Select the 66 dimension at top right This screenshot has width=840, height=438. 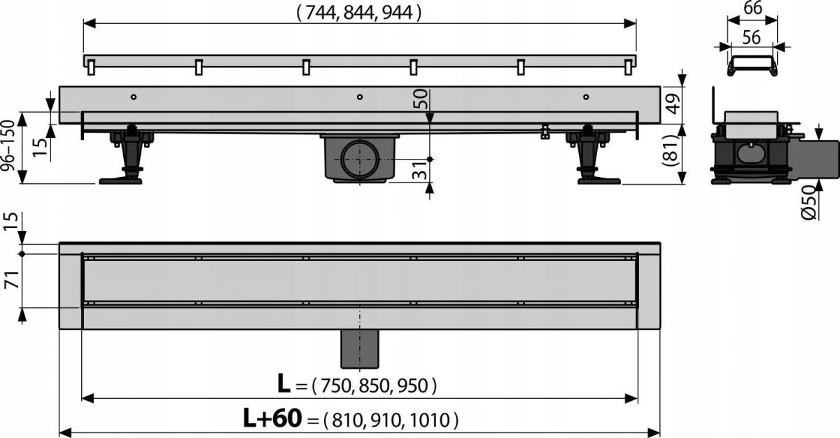tap(752, 9)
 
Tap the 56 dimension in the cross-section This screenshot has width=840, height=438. tap(752, 38)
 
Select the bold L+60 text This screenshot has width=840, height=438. tap(272, 418)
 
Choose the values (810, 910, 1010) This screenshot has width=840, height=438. tap(391, 420)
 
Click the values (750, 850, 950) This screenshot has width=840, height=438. tap(374, 385)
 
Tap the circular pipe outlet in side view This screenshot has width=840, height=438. tap(362, 160)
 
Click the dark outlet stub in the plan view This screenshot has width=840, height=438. tap(359, 348)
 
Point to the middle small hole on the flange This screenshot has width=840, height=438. tap(359, 97)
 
